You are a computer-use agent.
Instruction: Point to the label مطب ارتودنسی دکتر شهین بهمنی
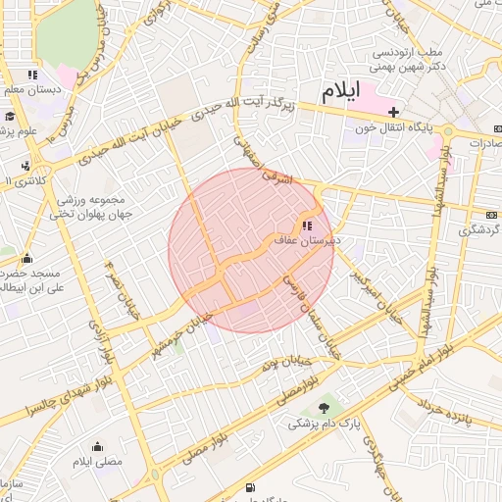[x=407, y=59]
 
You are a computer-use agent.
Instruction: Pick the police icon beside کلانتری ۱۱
[x=25, y=167]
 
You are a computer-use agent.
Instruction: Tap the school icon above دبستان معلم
[x=32, y=74]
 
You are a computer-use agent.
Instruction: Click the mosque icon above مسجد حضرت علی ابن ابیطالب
[x=26, y=259]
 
